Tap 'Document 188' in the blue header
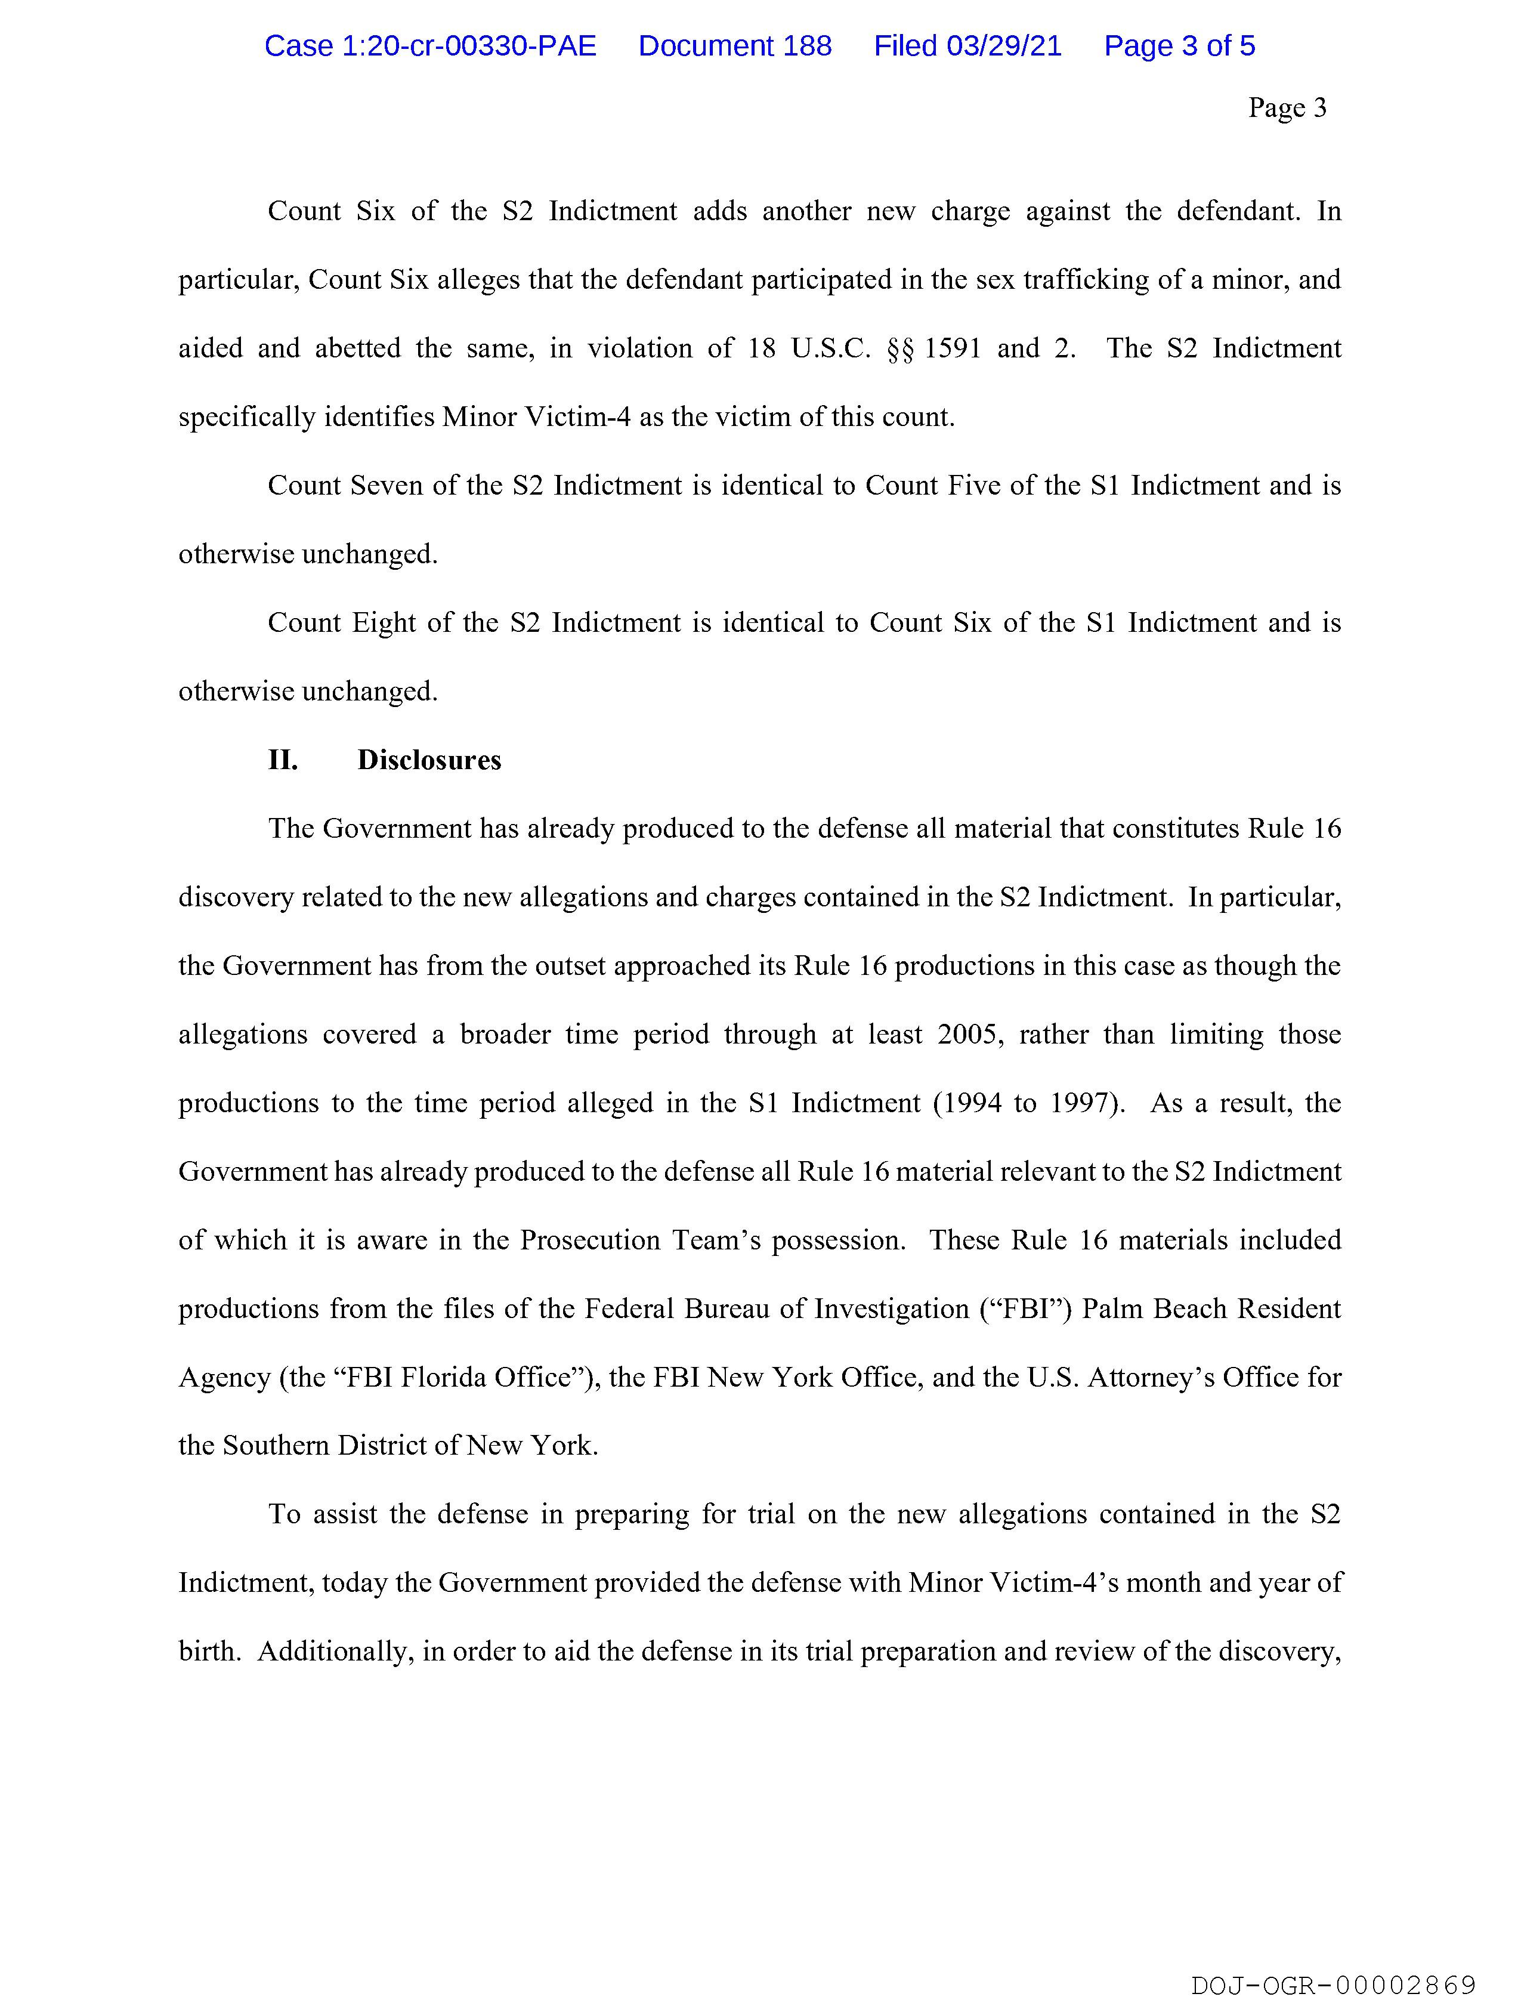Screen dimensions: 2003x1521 pos(734,46)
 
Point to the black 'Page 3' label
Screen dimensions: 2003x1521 pos(1287,108)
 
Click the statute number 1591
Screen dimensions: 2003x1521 pos(953,348)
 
